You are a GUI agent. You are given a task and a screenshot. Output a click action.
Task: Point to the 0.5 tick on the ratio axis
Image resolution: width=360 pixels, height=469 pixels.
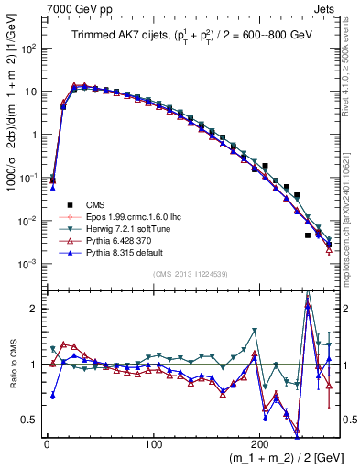tap(29, 420)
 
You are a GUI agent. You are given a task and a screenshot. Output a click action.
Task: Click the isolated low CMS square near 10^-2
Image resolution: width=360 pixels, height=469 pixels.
tap(308, 235)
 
